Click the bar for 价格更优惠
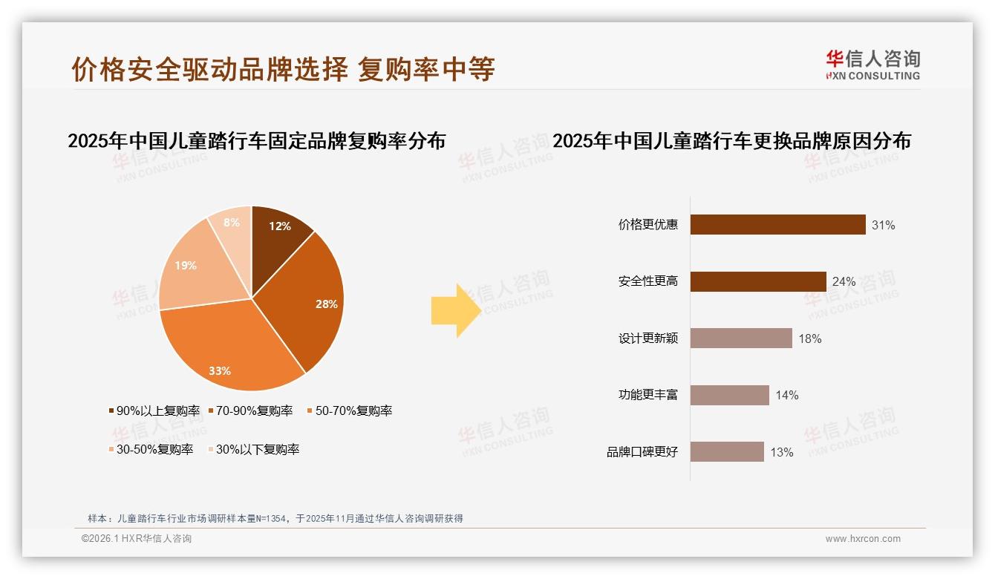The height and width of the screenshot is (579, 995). pyautogui.click(x=777, y=225)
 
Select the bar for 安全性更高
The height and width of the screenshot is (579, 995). pyautogui.click(x=757, y=281)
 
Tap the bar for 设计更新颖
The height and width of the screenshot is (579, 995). pyautogui.click(x=741, y=338)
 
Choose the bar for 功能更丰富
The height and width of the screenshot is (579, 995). pyautogui.click(x=729, y=395)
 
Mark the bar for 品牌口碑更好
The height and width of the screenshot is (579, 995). pyautogui.click(x=727, y=451)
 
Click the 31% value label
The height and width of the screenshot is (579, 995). pyautogui.click(x=883, y=226)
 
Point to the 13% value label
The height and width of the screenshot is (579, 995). pyautogui.click(x=781, y=452)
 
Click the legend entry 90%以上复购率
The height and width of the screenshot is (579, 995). pyautogui.click(x=154, y=410)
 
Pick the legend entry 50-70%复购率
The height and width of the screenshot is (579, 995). pyautogui.click(x=349, y=410)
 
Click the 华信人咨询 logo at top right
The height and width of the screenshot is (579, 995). pyautogui.click(x=872, y=65)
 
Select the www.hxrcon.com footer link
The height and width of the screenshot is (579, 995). pyautogui.click(x=862, y=539)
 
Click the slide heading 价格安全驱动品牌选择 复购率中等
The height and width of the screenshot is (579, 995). pyautogui.click(x=283, y=69)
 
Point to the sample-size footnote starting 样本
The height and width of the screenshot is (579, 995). pyautogui.click(x=275, y=518)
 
